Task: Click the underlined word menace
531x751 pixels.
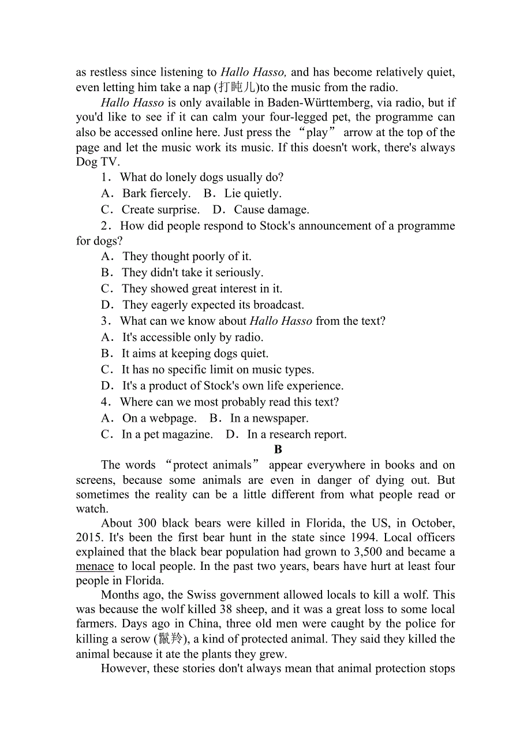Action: click(95, 566)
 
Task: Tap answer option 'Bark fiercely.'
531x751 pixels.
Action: click(156, 194)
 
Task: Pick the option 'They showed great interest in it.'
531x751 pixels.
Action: click(202, 289)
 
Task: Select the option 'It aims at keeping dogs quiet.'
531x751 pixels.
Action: click(195, 354)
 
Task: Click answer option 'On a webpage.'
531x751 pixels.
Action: click(159, 418)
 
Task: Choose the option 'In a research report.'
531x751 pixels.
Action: click(297, 434)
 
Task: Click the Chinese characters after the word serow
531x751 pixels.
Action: click(171, 639)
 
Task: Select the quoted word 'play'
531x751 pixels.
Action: click(317, 133)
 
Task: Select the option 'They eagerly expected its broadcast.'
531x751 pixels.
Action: click(213, 305)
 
